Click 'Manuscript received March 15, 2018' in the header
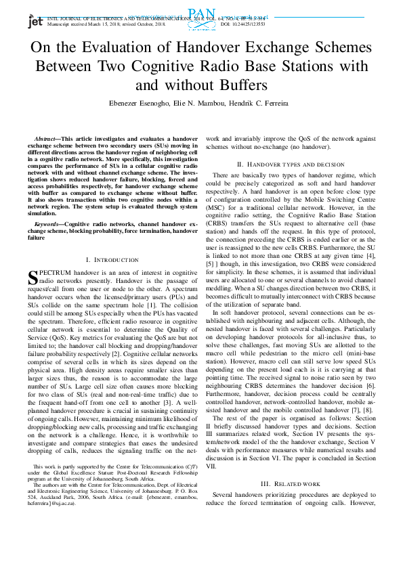point(79,24)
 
